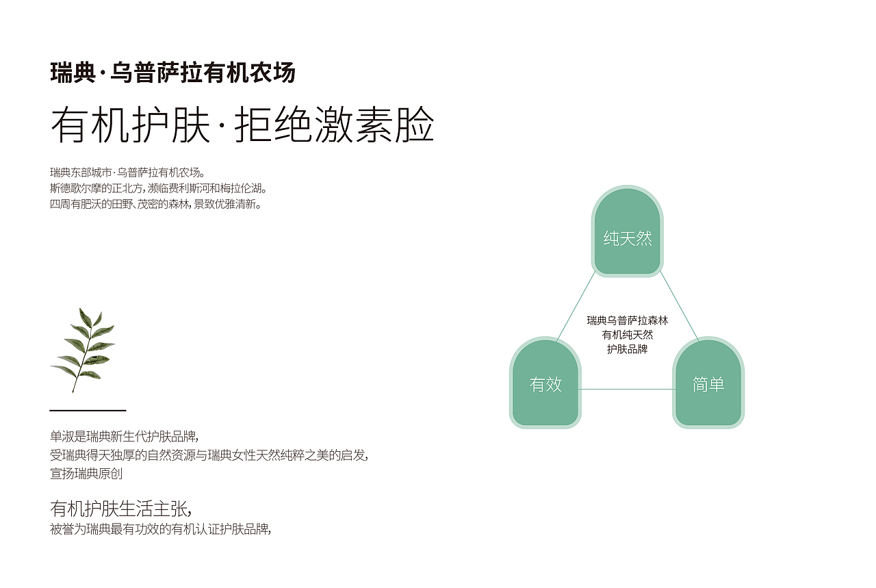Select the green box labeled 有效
click(x=545, y=383)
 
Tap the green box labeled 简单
click(x=708, y=383)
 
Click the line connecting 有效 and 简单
click(x=626, y=389)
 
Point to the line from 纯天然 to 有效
click(x=576, y=306)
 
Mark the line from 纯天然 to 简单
click(x=679, y=306)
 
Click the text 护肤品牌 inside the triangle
click(x=627, y=349)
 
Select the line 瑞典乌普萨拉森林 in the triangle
click(x=627, y=320)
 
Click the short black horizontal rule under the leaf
click(x=88, y=410)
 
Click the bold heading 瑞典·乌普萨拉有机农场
click(x=172, y=73)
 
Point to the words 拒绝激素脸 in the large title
click(x=335, y=126)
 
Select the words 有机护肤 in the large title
click(x=130, y=126)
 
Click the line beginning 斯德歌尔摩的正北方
click(x=158, y=188)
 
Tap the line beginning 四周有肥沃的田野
click(x=155, y=204)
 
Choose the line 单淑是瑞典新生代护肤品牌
click(x=124, y=437)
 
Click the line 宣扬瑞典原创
click(x=86, y=473)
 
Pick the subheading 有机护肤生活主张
click(x=120, y=509)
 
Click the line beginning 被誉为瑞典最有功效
click(x=161, y=529)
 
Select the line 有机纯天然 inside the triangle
click(x=627, y=335)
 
